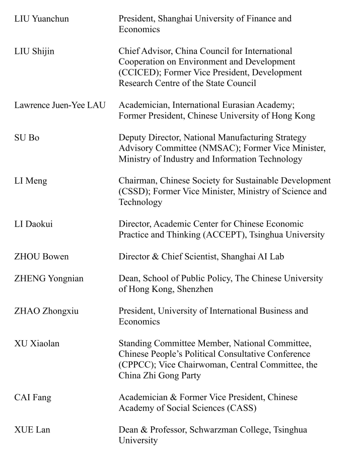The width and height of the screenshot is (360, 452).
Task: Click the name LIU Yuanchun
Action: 41,19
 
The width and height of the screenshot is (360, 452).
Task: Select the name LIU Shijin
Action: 34,51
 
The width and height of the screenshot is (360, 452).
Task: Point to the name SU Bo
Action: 27,138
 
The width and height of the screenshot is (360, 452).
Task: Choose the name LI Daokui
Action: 33,224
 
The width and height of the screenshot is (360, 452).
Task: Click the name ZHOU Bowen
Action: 41,257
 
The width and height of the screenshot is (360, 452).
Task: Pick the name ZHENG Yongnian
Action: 49,278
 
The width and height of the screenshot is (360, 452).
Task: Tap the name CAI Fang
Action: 33,398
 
